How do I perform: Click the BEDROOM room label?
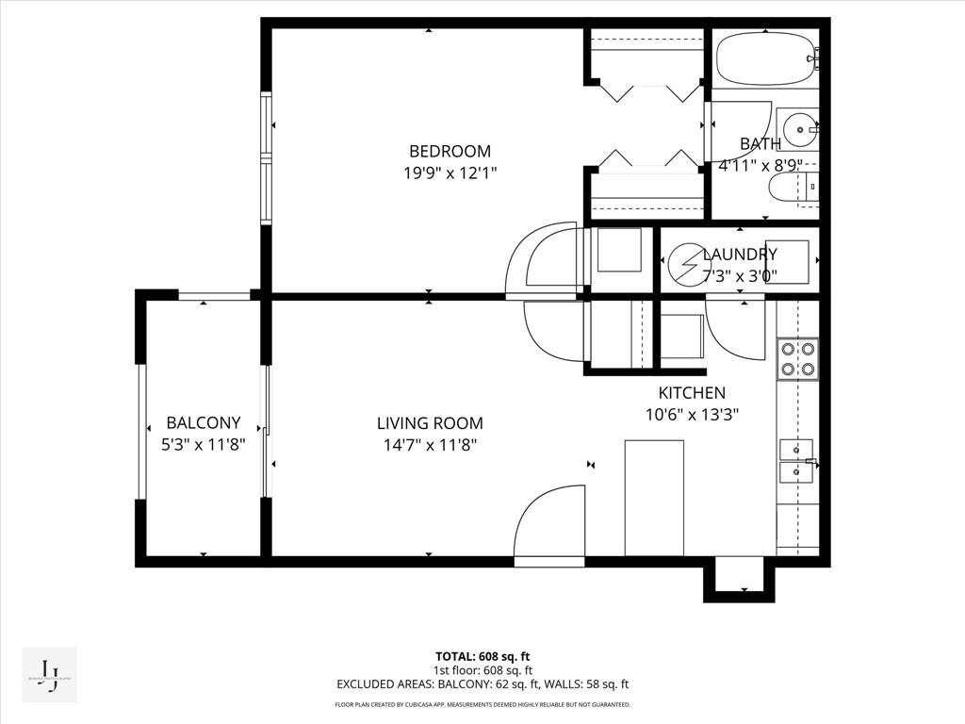point(450,151)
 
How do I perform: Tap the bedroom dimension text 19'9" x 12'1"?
point(450,173)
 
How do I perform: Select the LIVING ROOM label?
point(430,423)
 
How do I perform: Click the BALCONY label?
point(204,423)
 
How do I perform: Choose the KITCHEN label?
point(692,393)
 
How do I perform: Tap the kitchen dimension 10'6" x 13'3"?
point(692,414)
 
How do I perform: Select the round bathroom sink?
point(800,129)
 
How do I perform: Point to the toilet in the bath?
point(790,188)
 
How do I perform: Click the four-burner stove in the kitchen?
point(797,359)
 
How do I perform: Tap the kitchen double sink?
point(796,459)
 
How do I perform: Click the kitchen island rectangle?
point(654,497)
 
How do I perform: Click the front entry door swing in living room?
point(550,523)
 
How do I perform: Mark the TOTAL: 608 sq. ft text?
point(482,656)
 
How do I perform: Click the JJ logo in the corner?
point(49,675)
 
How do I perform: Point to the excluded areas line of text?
point(482,685)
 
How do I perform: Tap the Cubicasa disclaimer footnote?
point(482,704)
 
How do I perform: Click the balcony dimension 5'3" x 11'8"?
point(204,445)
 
